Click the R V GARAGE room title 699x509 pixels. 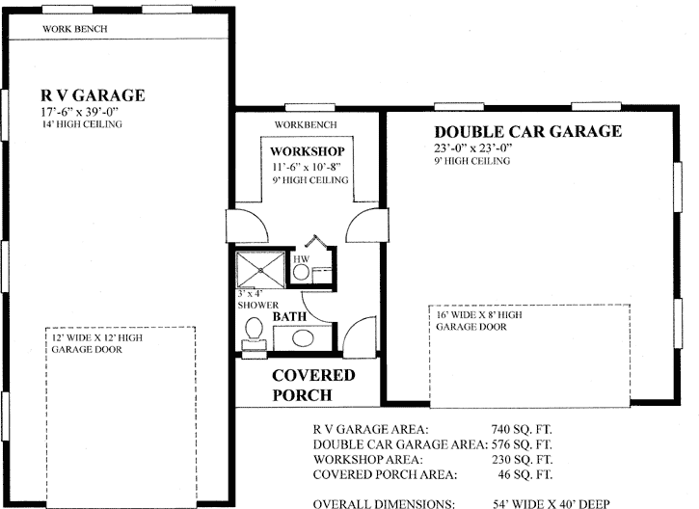point(93,95)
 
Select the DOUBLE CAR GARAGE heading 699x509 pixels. point(527,132)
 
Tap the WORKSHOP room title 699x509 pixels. point(307,152)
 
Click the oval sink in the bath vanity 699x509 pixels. point(302,338)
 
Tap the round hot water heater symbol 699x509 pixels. point(301,273)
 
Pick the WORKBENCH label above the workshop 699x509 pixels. point(306,125)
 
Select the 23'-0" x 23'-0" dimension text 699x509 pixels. point(486,148)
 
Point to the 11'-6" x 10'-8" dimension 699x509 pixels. point(307,167)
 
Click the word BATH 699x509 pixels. point(289,316)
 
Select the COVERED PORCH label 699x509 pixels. point(312,385)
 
